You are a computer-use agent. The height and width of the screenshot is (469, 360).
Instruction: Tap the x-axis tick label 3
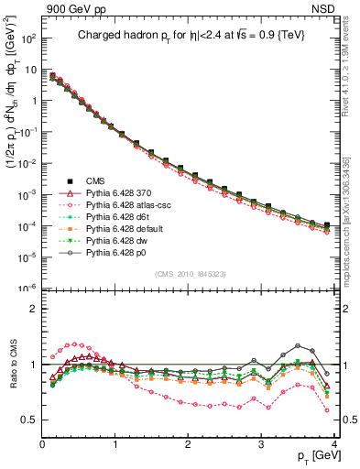(260, 443)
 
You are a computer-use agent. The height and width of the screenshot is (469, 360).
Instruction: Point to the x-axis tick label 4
(333, 443)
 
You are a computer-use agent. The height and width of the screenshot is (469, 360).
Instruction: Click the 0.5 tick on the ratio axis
(30, 420)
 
